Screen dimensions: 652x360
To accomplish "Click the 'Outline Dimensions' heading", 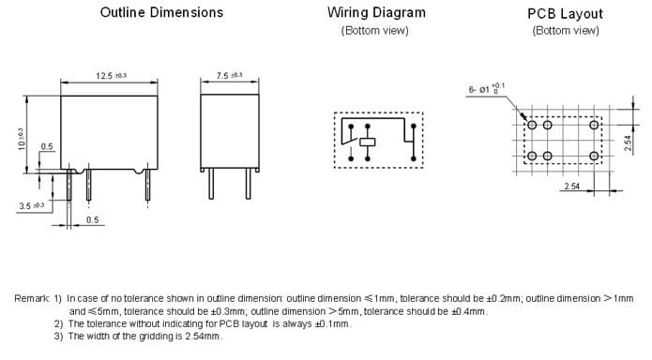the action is (161, 12).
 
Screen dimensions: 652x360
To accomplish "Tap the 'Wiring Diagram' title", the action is (376, 13).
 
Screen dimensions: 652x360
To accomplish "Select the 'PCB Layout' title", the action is (565, 14).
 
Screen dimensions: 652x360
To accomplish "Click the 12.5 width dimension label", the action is (111, 76).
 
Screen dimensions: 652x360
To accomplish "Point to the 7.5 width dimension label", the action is (229, 75).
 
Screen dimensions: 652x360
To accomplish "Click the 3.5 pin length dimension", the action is (32, 205).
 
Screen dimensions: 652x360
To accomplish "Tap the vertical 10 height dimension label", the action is (21, 139).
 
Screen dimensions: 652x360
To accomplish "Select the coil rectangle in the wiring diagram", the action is (367, 142).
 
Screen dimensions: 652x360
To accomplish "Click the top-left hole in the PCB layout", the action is (532, 125).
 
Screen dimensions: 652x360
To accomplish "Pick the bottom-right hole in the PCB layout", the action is (594, 156).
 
